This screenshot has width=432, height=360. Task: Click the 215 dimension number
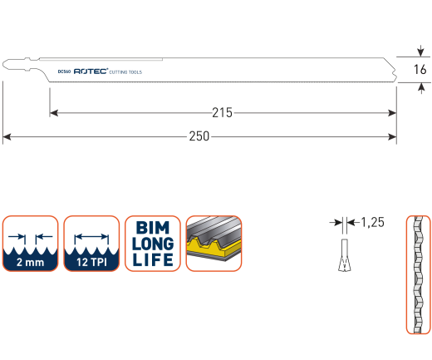pyautogui.click(x=222, y=113)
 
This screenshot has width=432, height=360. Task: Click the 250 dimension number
pyautogui.click(x=199, y=136)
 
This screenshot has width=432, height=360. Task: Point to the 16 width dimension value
pyautogui.click(x=420, y=69)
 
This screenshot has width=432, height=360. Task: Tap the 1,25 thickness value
pyautogui.click(x=373, y=222)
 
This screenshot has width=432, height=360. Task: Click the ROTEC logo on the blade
pyautogui.click(x=91, y=72)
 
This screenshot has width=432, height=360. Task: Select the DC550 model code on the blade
pyautogui.click(x=64, y=72)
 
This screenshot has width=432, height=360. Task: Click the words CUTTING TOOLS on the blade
pyautogui.click(x=125, y=72)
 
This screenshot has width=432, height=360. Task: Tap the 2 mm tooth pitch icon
pyautogui.click(x=30, y=244)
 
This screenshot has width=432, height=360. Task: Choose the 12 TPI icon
pyautogui.click(x=91, y=244)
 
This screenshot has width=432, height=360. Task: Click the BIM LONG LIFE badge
pyautogui.click(x=153, y=244)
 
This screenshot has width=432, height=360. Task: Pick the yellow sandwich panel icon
pyautogui.click(x=214, y=244)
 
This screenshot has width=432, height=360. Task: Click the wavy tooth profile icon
pyautogui.click(x=418, y=274)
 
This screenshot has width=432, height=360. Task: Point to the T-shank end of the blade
pyautogui.click(x=19, y=64)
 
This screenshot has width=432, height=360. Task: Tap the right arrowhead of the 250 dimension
pyautogui.click(x=392, y=136)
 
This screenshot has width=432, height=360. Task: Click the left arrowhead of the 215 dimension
pyautogui.click(x=54, y=113)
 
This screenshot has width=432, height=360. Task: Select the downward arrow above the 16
pyautogui.click(x=420, y=51)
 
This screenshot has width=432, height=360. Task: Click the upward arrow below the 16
pyautogui.click(x=421, y=88)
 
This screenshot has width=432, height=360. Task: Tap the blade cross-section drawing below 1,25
pyautogui.click(x=345, y=255)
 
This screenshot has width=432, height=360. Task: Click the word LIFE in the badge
pyautogui.click(x=153, y=259)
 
